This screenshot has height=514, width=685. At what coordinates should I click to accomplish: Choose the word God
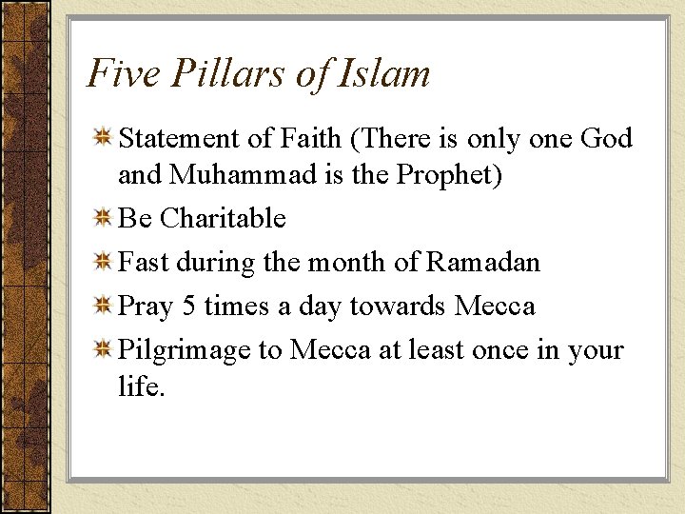[605, 139]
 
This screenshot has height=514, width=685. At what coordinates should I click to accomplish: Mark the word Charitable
[223, 219]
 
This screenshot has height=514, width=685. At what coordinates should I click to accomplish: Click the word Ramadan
[483, 262]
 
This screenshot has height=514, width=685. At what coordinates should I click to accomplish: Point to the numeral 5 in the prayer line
[187, 306]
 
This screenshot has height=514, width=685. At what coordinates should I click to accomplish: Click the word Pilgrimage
[185, 351]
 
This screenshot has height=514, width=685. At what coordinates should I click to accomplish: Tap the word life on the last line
[139, 387]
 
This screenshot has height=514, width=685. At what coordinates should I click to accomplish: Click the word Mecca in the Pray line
[495, 306]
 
